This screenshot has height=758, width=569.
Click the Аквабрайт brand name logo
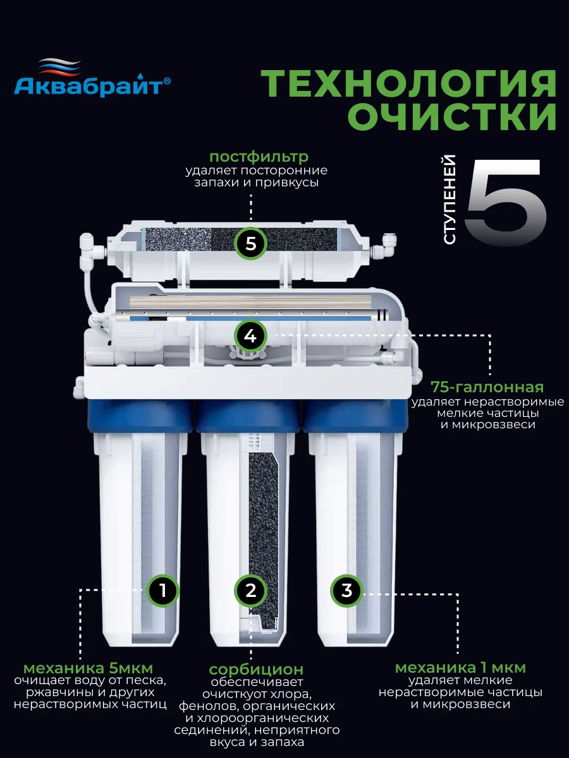tap(92, 86)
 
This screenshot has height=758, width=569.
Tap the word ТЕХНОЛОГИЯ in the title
tap(409, 84)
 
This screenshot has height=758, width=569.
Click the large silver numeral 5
tap(505, 202)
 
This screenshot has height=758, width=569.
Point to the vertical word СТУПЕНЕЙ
tap(449, 200)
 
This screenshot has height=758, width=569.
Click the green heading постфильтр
tap(259, 157)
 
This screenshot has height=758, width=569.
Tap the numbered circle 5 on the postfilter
tap(251, 244)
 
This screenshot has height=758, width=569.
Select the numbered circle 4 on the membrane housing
tap(251, 336)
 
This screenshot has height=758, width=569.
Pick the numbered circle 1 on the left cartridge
tap(162, 591)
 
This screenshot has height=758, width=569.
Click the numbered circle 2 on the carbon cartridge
tap(251, 591)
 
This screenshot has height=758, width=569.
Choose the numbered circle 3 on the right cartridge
tap(347, 591)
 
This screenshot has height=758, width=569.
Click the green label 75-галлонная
tap(487, 387)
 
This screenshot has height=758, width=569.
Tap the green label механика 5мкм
tap(88, 668)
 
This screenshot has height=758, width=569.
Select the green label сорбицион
tap(256, 670)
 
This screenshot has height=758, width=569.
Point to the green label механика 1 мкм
tap(460, 668)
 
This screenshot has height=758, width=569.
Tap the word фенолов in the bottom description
tap(207, 706)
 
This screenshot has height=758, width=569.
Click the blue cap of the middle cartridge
tap(248, 416)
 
